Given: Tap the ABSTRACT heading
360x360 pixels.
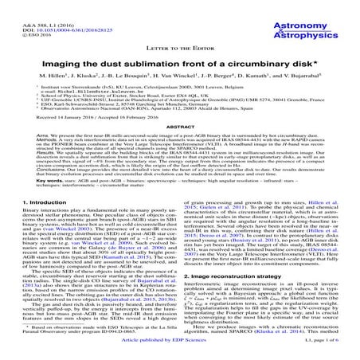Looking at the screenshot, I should click(179, 127).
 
